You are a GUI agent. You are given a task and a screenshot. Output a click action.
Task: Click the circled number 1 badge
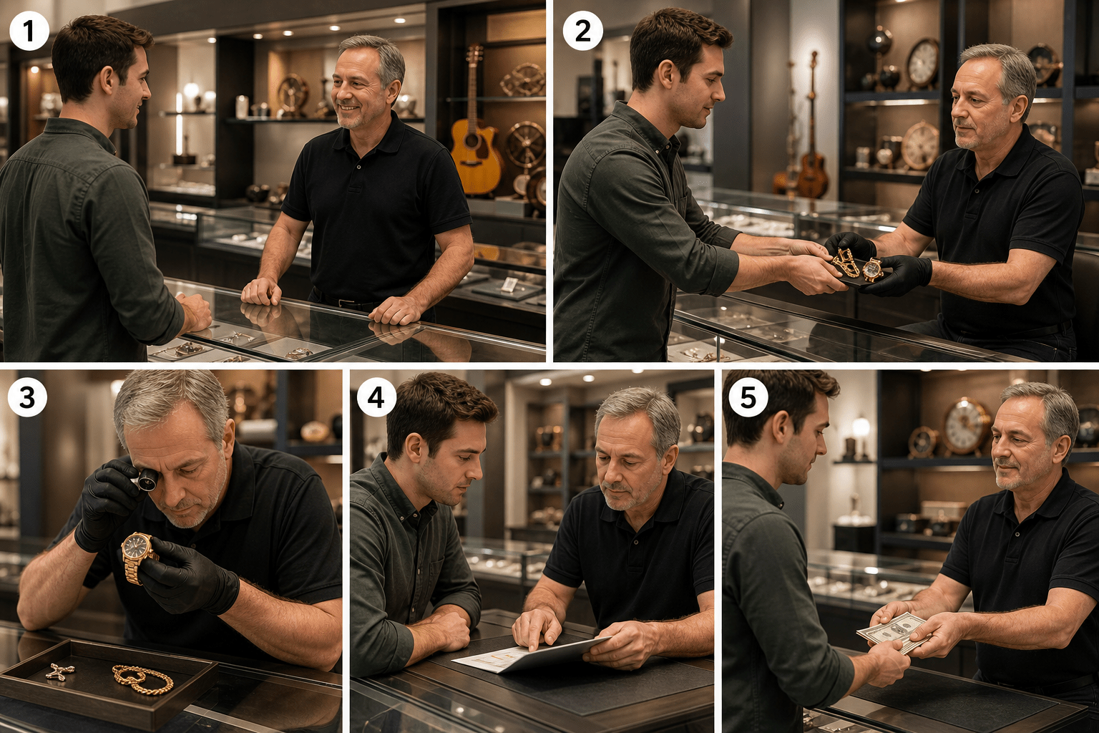click(x=29, y=31)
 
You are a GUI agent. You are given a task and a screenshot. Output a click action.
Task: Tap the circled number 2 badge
click(x=582, y=31)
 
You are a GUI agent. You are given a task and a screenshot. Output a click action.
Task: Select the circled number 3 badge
click(x=27, y=397)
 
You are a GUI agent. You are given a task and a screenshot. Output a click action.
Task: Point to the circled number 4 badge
click(x=376, y=397)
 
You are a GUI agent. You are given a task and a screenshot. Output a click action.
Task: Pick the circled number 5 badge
click(x=748, y=397)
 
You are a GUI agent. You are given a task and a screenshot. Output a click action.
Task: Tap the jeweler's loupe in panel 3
click(x=145, y=479)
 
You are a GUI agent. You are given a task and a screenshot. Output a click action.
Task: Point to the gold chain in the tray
click(x=142, y=679)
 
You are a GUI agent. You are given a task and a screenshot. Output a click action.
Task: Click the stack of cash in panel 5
click(x=894, y=634)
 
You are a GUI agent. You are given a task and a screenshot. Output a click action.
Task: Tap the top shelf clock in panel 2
click(x=923, y=64)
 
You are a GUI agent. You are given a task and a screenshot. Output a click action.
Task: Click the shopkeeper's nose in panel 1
click(x=338, y=90)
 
